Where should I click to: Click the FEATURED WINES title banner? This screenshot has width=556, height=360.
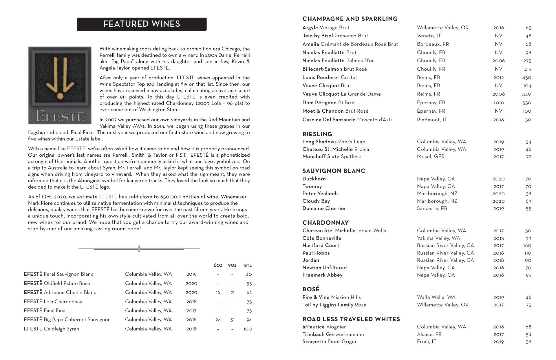(x=142, y=24)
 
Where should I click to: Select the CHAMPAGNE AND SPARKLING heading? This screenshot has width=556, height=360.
(x=350, y=19)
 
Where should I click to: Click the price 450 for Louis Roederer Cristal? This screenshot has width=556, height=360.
(x=526, y=78)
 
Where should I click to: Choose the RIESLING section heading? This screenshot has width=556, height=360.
(x=317, y=134)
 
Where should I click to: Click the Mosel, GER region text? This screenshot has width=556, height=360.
(x=431, y=157)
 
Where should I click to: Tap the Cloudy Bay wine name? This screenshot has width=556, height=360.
(x=316, y=201)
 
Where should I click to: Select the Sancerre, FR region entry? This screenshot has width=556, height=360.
(x=432, y=209)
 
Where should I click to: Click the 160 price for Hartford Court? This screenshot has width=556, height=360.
(x=527, y=246)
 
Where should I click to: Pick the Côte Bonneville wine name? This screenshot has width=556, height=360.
(x=322, y=238)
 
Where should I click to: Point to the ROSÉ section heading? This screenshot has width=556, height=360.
(x=311, y=289)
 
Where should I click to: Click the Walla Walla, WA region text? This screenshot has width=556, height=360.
(x=436, y=297)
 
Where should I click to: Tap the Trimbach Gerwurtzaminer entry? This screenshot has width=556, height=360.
(x=333, y=334)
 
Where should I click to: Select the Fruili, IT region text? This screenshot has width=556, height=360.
(x=427, y=342)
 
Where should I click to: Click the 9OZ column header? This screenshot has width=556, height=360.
(x=232, y=265)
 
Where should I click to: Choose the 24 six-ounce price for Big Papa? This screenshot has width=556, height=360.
(x=218, y=320)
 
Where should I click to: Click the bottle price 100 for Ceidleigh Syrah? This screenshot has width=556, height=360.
(x=247, y=329)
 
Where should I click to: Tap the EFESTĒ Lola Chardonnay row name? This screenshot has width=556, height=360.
(x=53, y=301)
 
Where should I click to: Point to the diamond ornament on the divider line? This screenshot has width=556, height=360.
(x=139, y=248)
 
